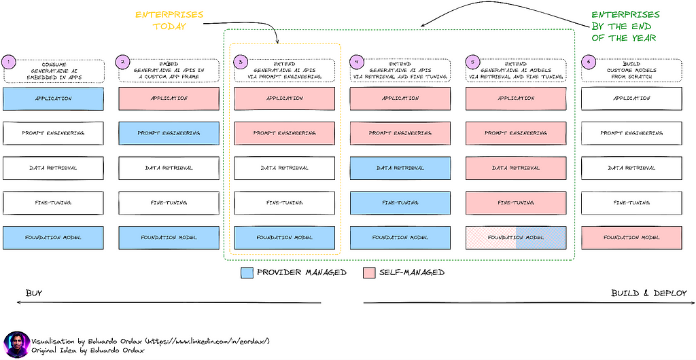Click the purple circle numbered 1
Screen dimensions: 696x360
click(8, 62)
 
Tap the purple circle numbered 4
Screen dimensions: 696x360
click(356, 62)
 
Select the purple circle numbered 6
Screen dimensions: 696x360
click(588, 62)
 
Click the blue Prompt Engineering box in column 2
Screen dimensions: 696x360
click(169, 133)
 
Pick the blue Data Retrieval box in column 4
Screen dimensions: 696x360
click(400, 168)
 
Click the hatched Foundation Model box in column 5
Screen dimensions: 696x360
click(516, 238)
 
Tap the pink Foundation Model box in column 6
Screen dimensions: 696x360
click(631, 238)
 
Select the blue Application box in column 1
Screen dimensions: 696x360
click(53, 98)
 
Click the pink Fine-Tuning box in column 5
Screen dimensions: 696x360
click(516, 202)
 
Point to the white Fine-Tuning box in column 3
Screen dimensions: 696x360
click(285, 202)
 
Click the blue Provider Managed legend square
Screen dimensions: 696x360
click(247, 272)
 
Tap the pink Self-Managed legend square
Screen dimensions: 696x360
click(369, 272)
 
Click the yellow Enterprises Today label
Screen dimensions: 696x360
click(169, 20)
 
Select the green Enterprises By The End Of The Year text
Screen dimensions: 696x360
click(625, 26)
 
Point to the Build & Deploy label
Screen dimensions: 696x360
click(648, 293)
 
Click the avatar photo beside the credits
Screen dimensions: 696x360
click(17, 344)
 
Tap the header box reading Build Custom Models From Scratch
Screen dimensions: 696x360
click(631, 71)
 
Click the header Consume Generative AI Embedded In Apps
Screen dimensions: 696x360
click(54, 71)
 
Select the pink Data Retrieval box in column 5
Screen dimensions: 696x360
click(516, 168)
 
